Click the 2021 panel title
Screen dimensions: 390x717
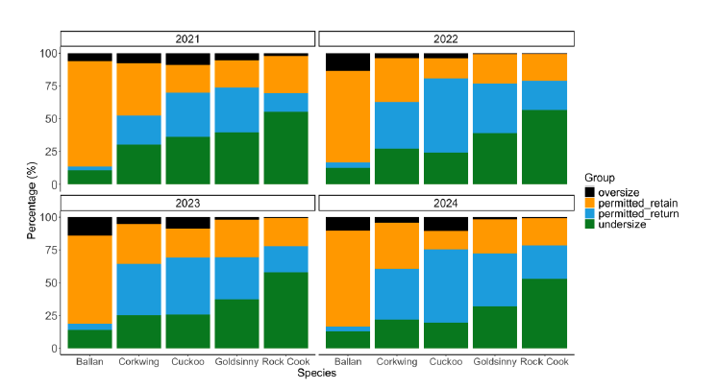pyautogui.click(x=188, y=38)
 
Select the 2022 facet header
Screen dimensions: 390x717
pyautogui.click(x=447, y=38)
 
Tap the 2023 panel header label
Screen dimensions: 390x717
pyautogui.click(x=188, y=203)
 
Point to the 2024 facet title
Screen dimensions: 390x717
pyautogui.click(x=447, y=203)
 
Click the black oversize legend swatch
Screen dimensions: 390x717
pyautogui.click(x=590, y=191)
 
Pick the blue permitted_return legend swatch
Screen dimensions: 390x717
pyautogui.click(x=590, y=214)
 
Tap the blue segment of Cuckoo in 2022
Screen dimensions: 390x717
pyautogui.click(x=447, y=115)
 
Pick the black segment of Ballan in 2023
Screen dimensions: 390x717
pyautogui.click(x=90, y=225)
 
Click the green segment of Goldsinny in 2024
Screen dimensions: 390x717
pyautogui.click(x=497, y=327)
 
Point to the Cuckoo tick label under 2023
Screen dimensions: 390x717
pyautogui.click(x=188, y=361)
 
